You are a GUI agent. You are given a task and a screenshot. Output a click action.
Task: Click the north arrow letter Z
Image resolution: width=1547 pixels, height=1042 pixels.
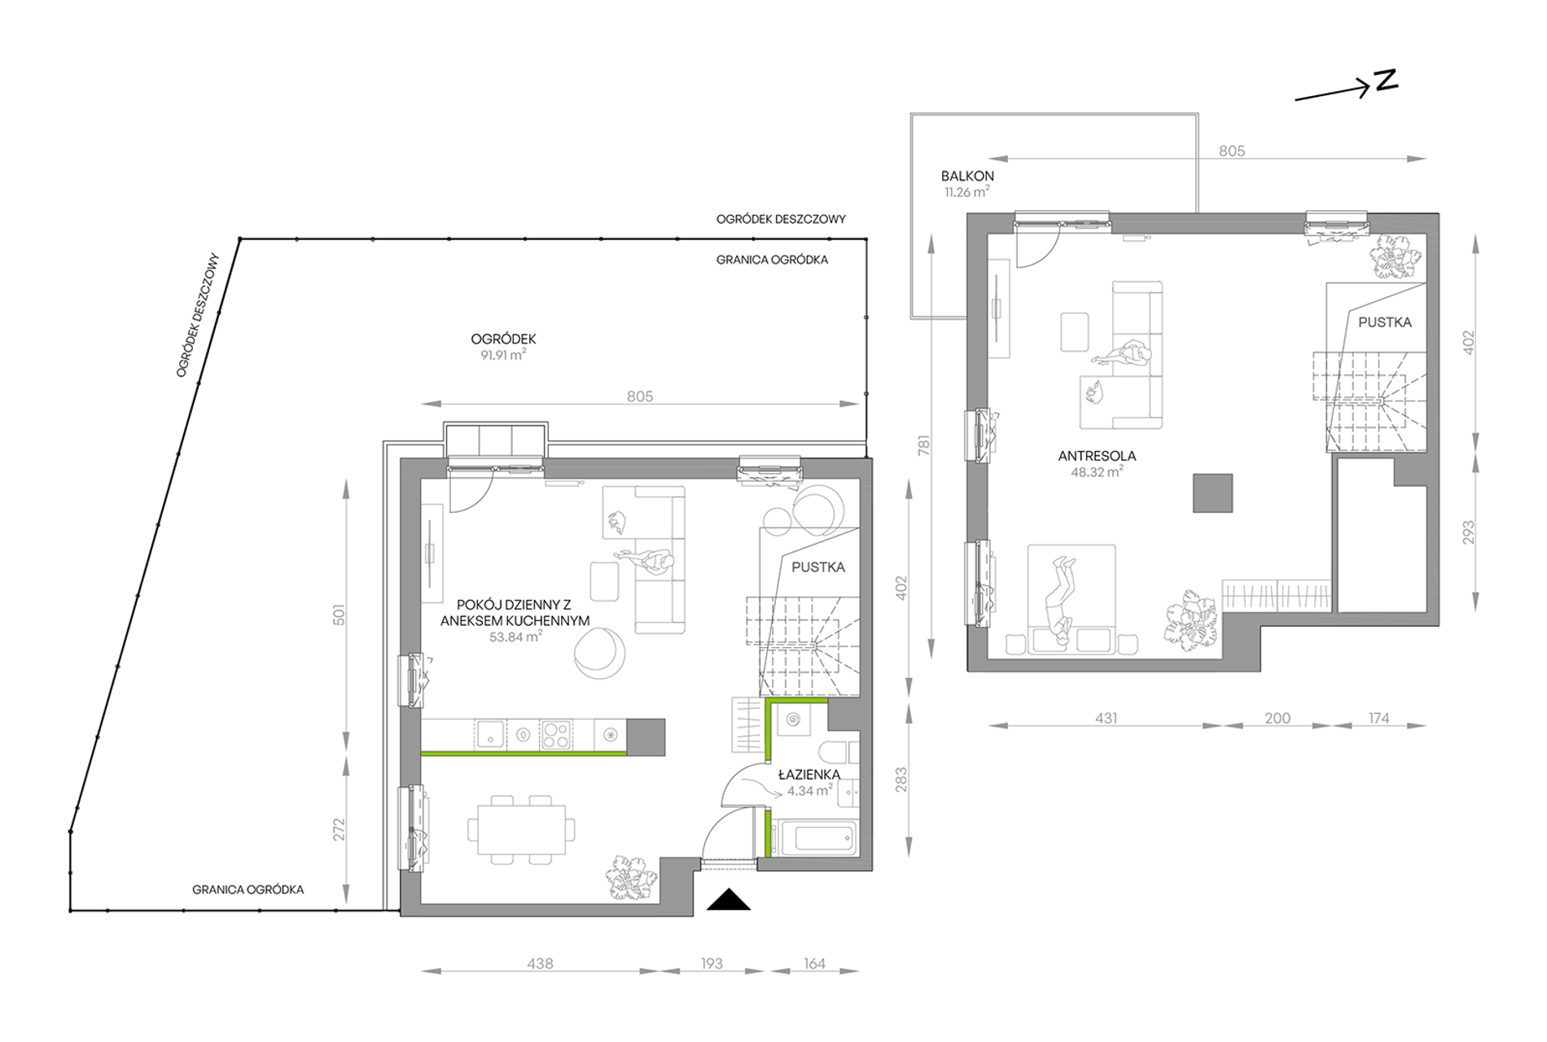tap(1386, 80)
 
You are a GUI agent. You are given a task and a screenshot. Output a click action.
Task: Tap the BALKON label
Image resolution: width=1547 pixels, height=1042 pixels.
tap(967, 176)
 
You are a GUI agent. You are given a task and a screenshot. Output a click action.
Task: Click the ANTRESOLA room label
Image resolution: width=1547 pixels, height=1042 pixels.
tap(1097, 456)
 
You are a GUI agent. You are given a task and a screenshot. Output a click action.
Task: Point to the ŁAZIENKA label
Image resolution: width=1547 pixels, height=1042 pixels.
tap(809, 774)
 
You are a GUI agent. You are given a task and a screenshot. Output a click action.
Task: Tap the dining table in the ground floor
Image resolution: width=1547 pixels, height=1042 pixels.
tap(521, 830)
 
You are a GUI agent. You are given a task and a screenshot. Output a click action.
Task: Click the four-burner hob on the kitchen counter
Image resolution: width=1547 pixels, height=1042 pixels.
tap(555, 735)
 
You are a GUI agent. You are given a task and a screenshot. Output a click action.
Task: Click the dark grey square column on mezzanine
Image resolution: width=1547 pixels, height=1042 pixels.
tap(1213, 493)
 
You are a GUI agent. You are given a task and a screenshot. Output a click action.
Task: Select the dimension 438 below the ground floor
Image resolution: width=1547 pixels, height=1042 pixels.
tap(540, 964)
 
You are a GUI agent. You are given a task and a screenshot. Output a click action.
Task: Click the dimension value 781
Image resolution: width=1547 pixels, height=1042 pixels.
tap(923, 445)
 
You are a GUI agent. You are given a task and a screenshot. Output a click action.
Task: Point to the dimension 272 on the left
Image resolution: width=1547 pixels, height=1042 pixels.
tap(339, 830)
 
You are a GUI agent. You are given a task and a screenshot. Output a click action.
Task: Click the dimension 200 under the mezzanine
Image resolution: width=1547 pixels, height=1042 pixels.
tap(1277, 718)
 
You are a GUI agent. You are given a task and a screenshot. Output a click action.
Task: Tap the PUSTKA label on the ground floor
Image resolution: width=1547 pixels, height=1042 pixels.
tap(818, 567)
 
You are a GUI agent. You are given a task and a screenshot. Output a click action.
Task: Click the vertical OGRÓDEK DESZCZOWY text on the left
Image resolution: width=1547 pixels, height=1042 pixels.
tap(199, 315)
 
